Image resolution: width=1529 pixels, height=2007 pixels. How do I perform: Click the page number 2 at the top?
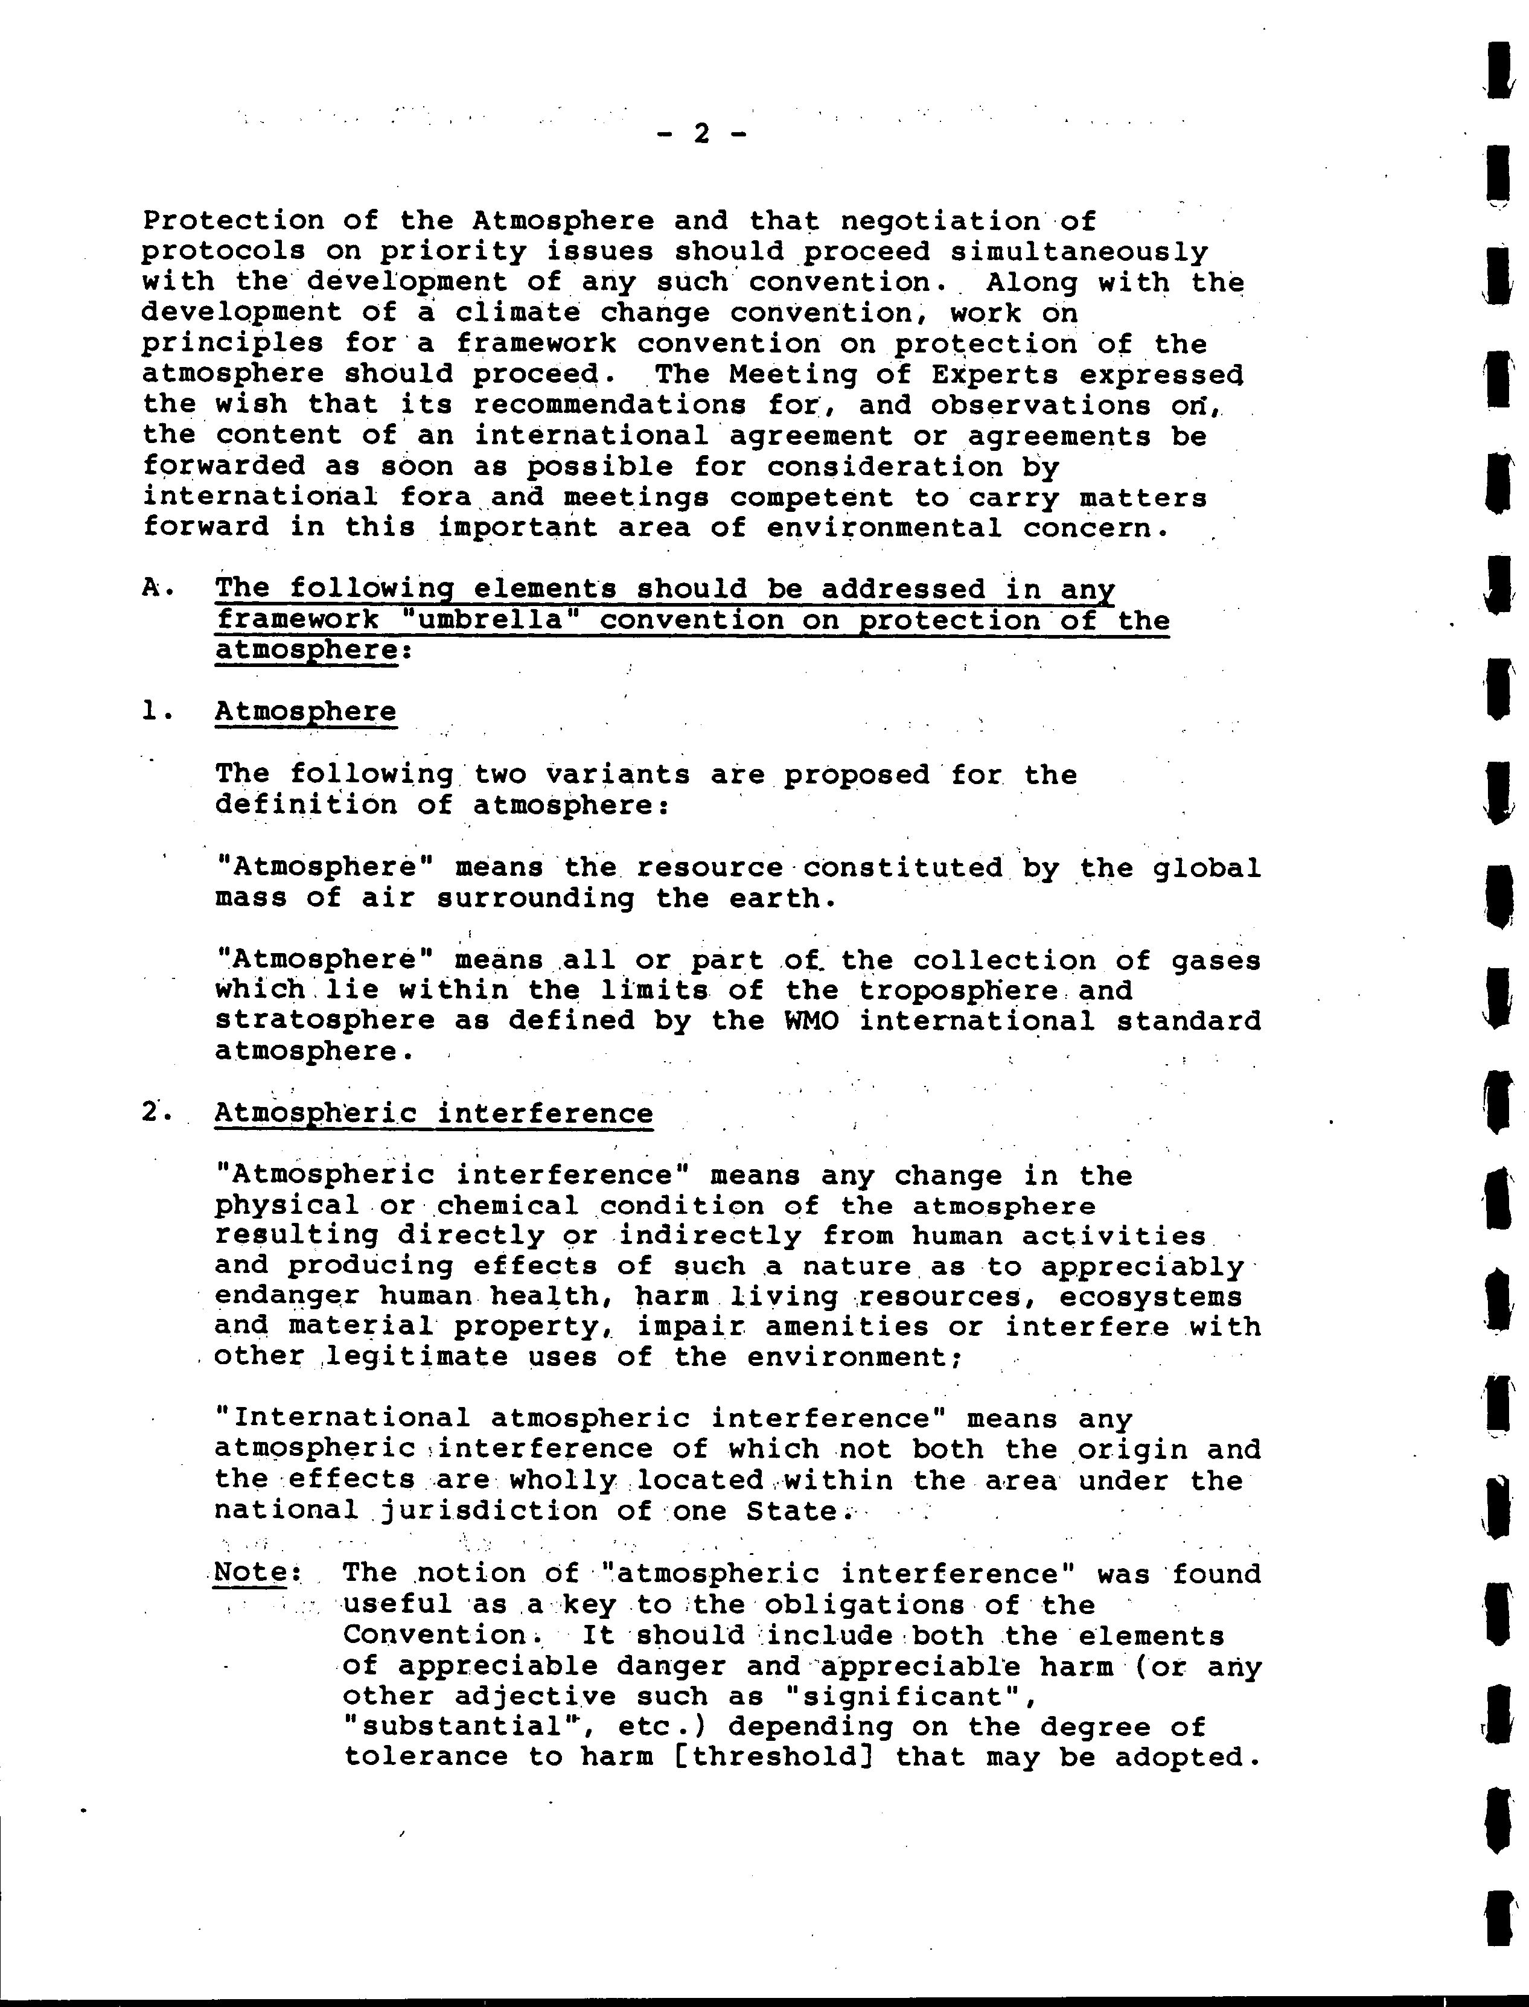pyautogui.click(x=701, y=134)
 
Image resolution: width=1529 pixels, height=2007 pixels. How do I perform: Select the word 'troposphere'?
pyautogui.click(x=959, y=991)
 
